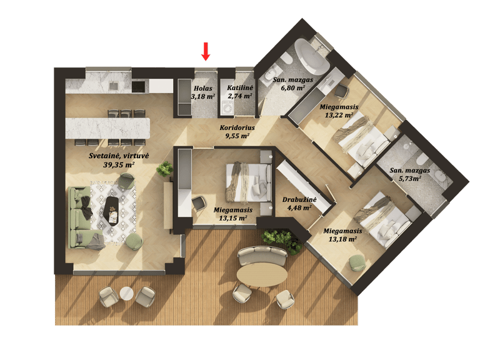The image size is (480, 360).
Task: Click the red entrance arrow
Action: click(206, 51)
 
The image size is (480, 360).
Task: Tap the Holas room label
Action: click(203, 89)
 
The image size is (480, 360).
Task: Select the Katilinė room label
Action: click(240, 88)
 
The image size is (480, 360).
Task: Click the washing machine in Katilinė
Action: click(227, 108)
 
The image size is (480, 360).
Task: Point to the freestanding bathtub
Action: click(312, 57)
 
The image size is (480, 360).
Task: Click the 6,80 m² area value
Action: click(293, 88)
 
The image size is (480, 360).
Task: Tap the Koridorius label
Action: click(237, 127)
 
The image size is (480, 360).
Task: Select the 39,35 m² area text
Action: click(119, 165)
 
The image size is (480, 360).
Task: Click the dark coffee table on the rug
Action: click(111, 210)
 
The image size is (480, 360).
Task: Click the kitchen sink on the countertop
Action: click(114, 86)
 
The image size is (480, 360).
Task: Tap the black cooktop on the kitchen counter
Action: click(137, 86)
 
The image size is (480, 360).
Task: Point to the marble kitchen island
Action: click(107, 128)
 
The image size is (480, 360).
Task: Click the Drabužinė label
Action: click(299, 199)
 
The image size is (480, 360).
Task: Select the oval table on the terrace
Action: click(262, 274)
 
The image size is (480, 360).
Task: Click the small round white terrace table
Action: click(127, 294)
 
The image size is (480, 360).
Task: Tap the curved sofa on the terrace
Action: click(262, 255)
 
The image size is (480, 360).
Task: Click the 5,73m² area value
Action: click(409, 178)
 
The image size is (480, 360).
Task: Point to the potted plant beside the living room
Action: click(165, 169)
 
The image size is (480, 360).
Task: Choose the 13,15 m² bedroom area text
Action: click(233, 218)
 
